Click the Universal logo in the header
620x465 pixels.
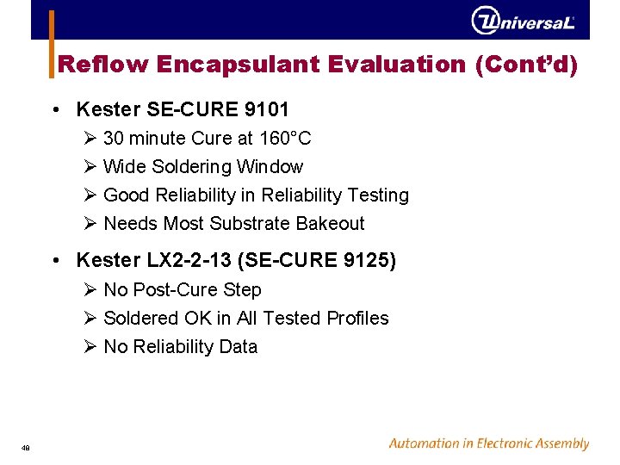(x=523, y=21)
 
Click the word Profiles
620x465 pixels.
(x=357, y=319)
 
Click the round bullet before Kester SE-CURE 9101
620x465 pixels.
(x=55, y=110)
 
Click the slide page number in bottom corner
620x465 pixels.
(x=27, y=446)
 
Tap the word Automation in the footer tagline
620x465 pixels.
(x=425, y=444)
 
